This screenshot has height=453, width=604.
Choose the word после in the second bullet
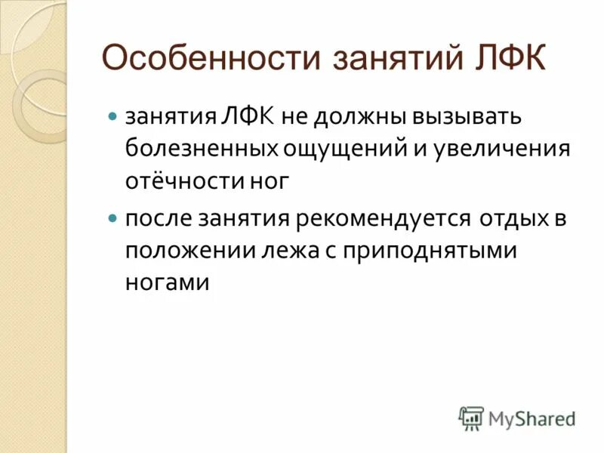[x=157, y=219]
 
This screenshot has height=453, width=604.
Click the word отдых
[x=511, y=219]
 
